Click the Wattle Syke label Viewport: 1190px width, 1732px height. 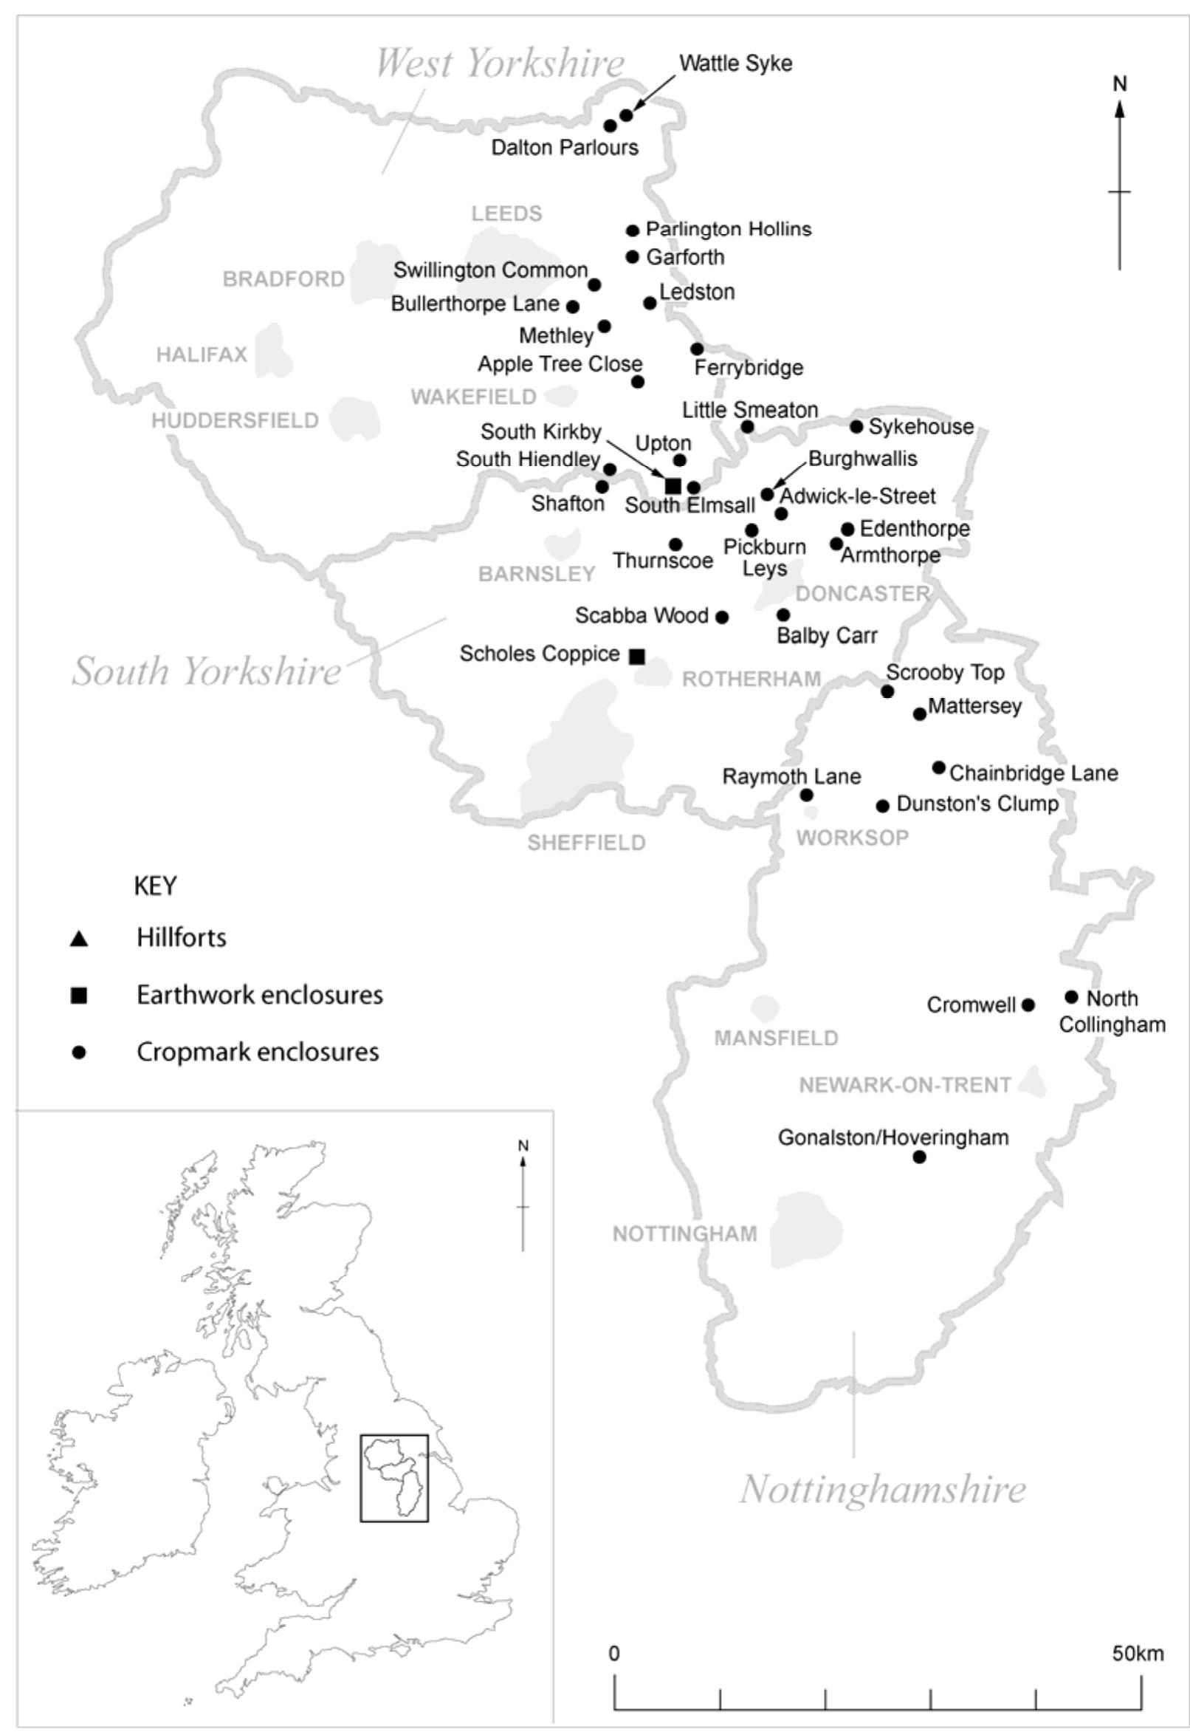[735, 64]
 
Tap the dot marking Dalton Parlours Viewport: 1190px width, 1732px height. [610, 126]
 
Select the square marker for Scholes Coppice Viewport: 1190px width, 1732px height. [637, 657]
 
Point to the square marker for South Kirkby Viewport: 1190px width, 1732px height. [673, 486]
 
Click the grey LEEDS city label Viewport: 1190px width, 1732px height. [506, 214]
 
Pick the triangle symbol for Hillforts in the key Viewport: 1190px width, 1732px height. [78, 939]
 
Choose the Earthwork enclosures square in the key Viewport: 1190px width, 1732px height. [78, 996]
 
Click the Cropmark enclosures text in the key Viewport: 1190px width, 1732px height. [257, 1052]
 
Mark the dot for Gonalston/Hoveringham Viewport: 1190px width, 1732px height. [919, 1157]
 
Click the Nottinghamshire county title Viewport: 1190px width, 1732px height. [882, 1490]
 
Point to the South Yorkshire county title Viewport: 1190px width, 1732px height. [207, 671]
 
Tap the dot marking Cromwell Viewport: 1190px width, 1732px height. [1028, 1004]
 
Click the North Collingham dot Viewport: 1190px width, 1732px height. [1071, 996]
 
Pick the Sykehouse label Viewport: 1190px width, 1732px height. [921, 427]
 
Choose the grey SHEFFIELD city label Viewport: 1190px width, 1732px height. [586, 843]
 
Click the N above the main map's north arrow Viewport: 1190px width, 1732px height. [1120, 84]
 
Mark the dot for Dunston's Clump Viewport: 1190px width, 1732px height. [883, 806]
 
